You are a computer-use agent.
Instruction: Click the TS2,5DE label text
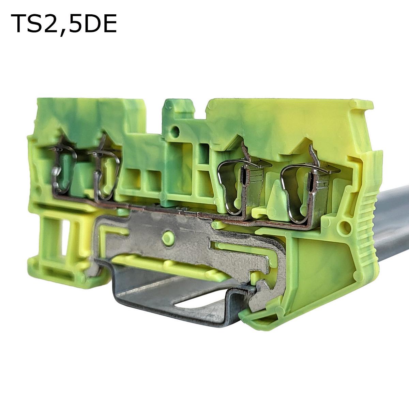click(64, 24)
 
